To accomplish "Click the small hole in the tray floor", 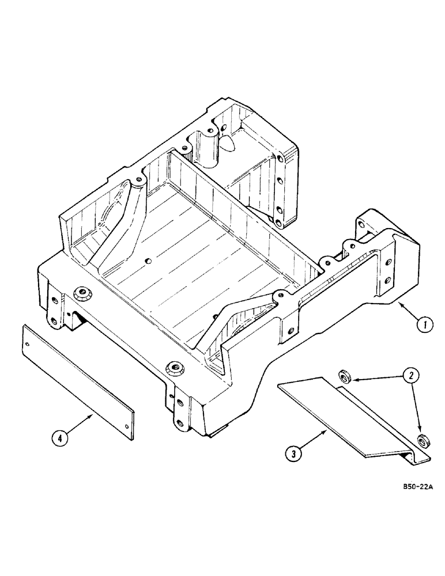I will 149,261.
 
